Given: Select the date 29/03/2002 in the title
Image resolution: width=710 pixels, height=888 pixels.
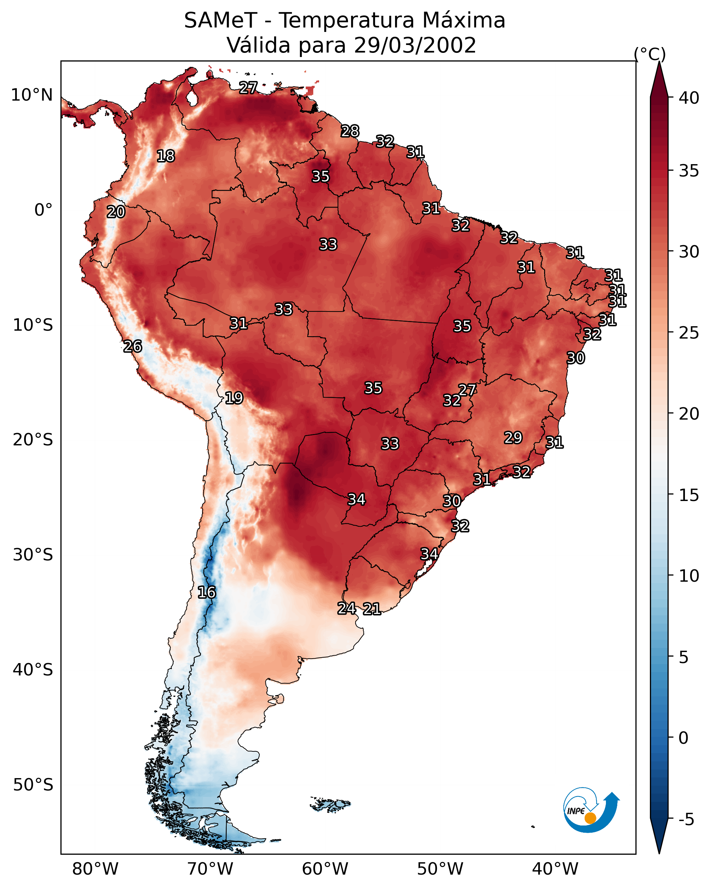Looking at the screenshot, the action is [x=415, y=45].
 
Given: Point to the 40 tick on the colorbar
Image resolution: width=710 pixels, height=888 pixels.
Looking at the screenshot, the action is [x=689, y=98].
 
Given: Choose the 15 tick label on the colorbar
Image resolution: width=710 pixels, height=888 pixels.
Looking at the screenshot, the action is [x=689, y=495].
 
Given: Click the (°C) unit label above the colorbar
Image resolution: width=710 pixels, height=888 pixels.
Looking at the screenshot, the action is [x=650, y=54].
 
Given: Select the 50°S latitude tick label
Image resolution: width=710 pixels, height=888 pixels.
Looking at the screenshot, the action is [x=33, y=785].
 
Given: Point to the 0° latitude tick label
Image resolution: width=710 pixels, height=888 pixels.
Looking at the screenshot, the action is [x=44, y=210].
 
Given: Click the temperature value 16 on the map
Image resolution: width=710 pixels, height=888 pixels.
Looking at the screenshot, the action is [x=206, y=592].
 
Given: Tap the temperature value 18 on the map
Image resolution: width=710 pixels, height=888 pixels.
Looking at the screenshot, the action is [x=166, y=156].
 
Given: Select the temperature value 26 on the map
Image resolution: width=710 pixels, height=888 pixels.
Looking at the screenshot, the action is [x=133, y=346].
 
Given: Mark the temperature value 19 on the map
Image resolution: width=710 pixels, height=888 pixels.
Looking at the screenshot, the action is [x=234, y=398].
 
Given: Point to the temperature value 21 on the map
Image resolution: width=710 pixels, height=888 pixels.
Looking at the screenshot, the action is [x=372, y=609].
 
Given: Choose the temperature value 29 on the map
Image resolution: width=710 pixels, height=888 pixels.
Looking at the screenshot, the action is [x=514, y=437].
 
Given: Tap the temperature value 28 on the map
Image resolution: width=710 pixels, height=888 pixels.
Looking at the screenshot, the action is [x=350, y=131].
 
